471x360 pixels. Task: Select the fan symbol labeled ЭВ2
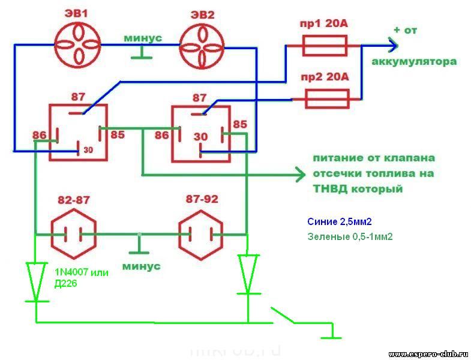[x=202, y=46]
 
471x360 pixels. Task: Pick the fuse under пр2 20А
[x=326, y=98]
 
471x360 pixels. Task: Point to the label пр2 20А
[x=324, y=77]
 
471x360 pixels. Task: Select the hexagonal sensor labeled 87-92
[x=201, y=232]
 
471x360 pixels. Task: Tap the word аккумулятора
[x=414, y=62]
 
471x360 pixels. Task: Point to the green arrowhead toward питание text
[x=299, y=175]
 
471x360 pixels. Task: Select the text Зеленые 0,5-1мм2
[x=349, y=236]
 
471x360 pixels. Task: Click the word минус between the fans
[x=143, y=38]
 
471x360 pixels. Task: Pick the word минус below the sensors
[x=141, y=266]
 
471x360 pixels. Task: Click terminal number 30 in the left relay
[x=88, y=149]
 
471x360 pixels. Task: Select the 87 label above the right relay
[x=199, y=97]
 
